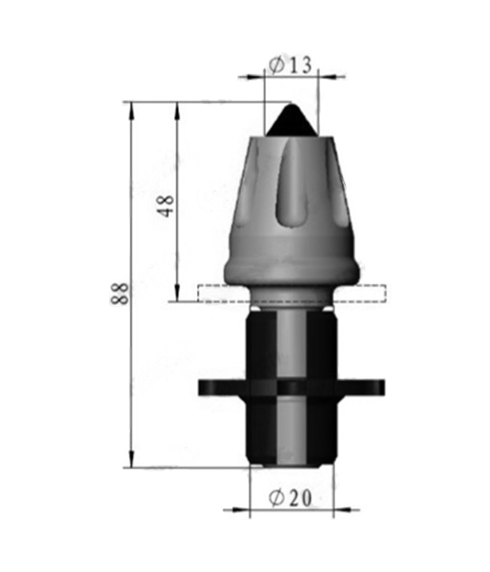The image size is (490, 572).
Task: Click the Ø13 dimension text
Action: (290, 65)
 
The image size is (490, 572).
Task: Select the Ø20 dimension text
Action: (290, 498)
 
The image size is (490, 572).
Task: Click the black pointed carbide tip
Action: (291, 121)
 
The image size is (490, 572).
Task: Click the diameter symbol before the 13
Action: (276, 65)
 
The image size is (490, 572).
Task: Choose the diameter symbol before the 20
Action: (276, 498)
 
